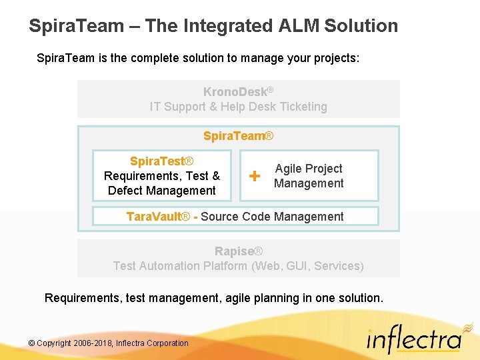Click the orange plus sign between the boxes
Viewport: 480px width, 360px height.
(x=254, y=176)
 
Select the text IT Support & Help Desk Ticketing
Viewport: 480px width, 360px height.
(x=238, y=107)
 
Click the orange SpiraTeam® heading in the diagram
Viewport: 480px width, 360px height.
(x=238, y=136)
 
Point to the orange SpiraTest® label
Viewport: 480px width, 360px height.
(x=161, y=161)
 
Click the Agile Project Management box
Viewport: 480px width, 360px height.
(x=309, y=176)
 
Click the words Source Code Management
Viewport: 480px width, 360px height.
(x=272, y=217)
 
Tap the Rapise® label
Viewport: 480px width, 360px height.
(x=238, y=251)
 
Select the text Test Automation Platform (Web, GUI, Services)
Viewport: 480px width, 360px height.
(x=238, y=266)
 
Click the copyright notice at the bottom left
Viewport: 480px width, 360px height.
(x=109, y=343)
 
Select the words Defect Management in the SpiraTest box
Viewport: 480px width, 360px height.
(x=161, y=191)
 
